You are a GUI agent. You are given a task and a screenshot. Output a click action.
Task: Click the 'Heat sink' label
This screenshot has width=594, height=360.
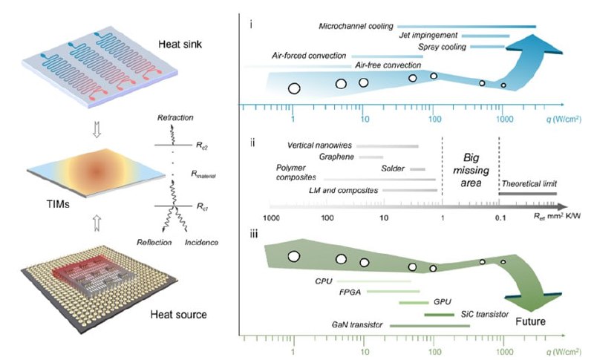pyautogui.click(x=180, y=45)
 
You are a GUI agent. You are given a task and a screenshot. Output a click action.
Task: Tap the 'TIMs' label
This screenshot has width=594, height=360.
pyautogui.click(x=58, y=204)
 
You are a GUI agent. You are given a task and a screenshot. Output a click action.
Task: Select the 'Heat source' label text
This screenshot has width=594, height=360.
pyautogui.click(x=178, y=314)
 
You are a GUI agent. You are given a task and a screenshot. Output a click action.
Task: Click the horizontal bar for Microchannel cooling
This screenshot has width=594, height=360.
pyautogui.click(x=466, y=27)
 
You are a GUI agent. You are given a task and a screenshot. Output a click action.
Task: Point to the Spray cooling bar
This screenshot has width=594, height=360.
pyautogui.click(x=487, y=47)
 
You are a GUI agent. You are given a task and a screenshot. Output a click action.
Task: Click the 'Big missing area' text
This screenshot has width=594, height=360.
pyautogui.click(x=471, y=170)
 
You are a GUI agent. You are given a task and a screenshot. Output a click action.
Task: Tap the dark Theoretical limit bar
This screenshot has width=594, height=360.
pyautogui.click(x=527, y=194)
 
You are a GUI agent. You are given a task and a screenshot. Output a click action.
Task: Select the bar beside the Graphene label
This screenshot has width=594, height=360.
pyautogui.click(x=371, y=157)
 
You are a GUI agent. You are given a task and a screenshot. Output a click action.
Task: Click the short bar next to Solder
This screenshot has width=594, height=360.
pyautogui.click(x=417, y=169)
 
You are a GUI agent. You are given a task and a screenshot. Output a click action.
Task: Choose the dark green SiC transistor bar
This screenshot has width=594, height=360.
pyautogui.click(x=439, y=315)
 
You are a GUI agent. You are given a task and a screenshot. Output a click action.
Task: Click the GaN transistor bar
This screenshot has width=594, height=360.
pyautogui.click(x=430, y=326)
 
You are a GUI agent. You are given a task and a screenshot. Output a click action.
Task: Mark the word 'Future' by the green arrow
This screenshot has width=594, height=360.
pyautogui.click(x=530, y=321)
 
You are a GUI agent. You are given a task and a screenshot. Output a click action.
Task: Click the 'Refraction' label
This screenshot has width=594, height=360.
pyautogui.click(x=175, y=118)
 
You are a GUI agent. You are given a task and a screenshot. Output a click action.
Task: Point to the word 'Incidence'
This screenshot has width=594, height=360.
pyautogui.click(x=201, y=242)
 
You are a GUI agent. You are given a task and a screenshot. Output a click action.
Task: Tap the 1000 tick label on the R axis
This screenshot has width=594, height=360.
pyautogui.click(x=271, y=217)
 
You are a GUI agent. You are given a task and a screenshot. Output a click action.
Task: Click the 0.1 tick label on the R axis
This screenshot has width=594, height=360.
pyautogui.click(x=500, y=217)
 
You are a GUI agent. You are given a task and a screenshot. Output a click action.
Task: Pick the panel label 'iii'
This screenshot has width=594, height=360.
pyautogui.click(x=253, y=235)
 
